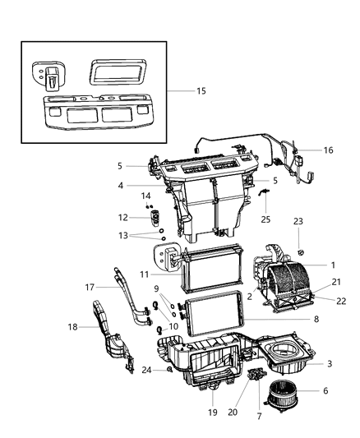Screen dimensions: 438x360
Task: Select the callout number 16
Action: [x=328, y=150]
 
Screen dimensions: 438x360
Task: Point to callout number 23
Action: [x=298, y=243]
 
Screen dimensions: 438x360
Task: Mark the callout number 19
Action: [x=212, y=412]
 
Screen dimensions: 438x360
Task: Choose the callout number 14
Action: [x=145, y=196]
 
